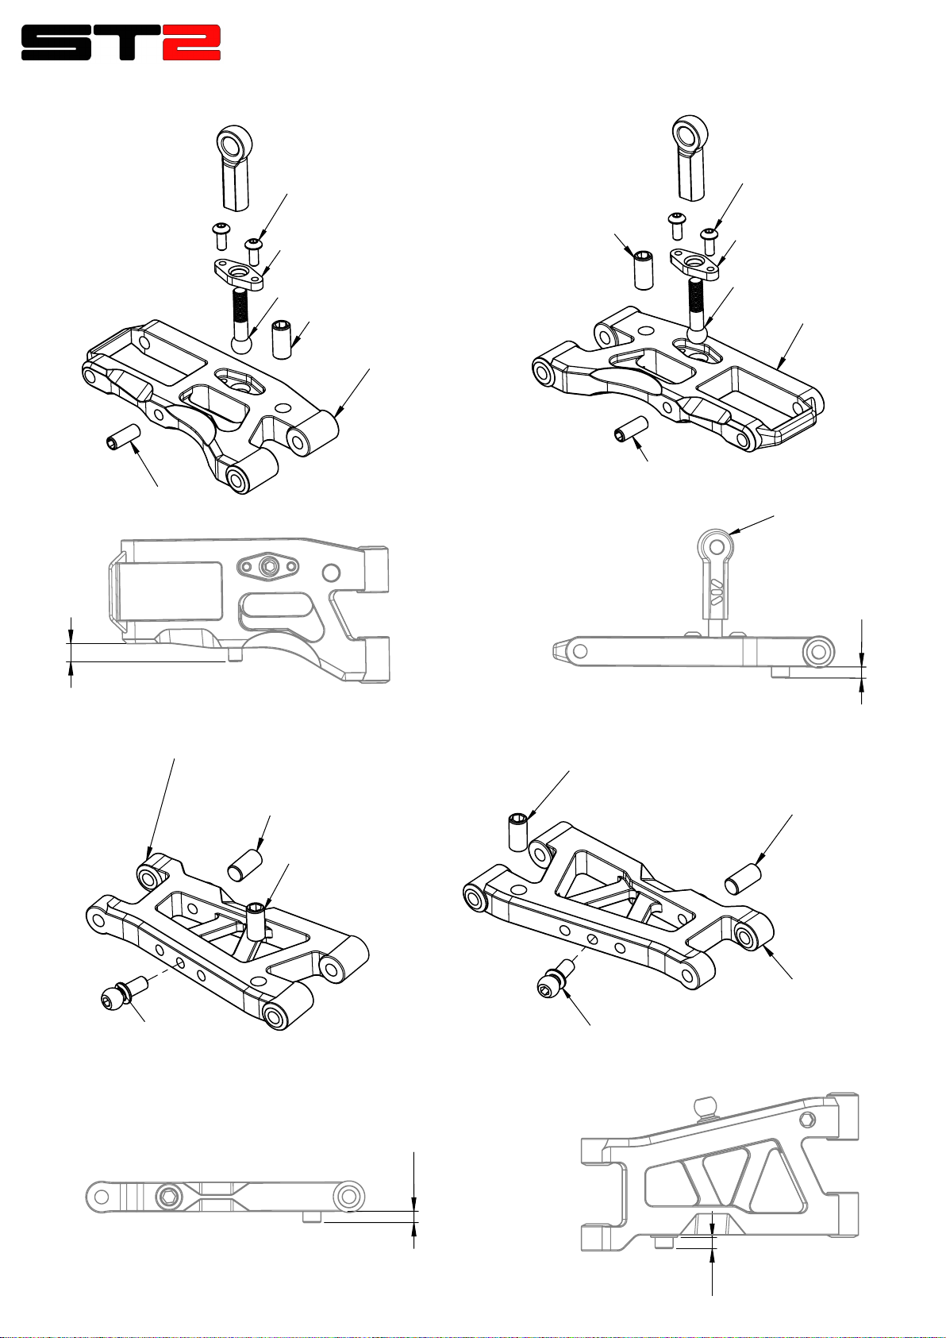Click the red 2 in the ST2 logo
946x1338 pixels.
191,42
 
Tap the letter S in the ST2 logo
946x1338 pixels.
56,42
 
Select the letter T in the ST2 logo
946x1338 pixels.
126,42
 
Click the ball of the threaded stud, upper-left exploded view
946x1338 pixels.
242,344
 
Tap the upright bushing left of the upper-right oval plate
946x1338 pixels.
643,271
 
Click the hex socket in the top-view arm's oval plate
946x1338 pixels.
272,565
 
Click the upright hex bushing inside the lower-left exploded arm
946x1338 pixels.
256,922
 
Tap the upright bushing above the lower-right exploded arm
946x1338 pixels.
518,831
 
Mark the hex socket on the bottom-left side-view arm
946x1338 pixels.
168,1197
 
